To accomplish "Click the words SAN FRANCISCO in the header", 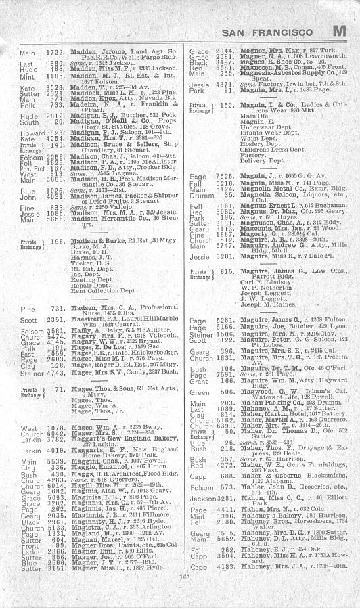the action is [x=267, y=32].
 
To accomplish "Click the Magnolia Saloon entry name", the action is [x=251, y=194].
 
